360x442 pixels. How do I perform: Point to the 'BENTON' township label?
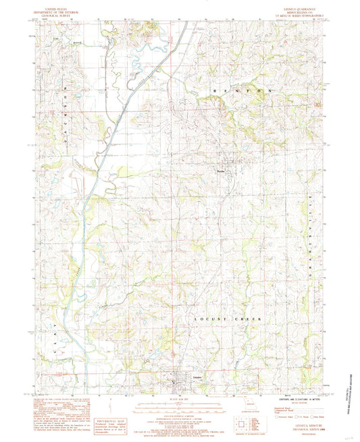click(236, 90)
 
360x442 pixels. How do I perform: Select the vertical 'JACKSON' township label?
click(66, 109)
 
